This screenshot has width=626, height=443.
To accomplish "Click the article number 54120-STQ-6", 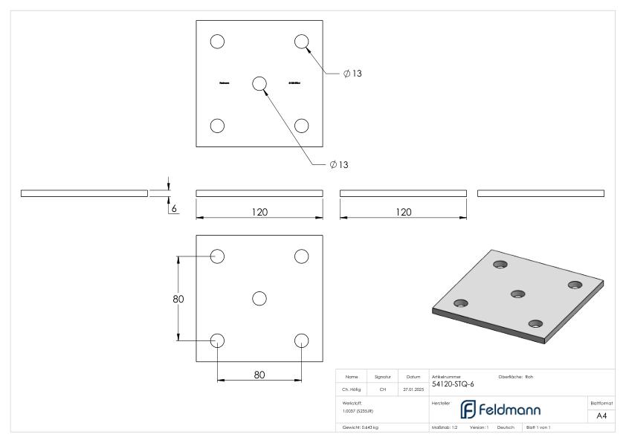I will [x=452, y=384].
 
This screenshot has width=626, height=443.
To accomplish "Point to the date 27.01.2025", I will [x=413, y=388].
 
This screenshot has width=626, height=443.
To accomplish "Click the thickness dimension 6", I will [x=174, y=210].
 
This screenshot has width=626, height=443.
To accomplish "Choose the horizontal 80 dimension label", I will [x=259, y=375].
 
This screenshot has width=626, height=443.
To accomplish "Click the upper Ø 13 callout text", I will [x=352, y=73].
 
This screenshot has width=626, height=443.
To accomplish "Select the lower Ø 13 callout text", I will [x=338, y=164].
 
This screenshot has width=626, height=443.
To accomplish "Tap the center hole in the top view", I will [x=259, y=83].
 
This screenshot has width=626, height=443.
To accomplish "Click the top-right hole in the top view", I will [x=301, y=42].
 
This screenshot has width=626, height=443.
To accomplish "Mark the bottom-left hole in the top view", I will [x=217, y=125].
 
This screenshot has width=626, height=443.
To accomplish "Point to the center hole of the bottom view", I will [x=259, y=298].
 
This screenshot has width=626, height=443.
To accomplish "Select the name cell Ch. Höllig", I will [x=352, y=388].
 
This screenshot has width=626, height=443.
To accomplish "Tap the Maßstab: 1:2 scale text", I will [x=444, y=428].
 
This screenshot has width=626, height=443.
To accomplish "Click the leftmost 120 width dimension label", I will [x=259, y=212].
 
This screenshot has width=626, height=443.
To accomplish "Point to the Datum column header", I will [x=413, y=377].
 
